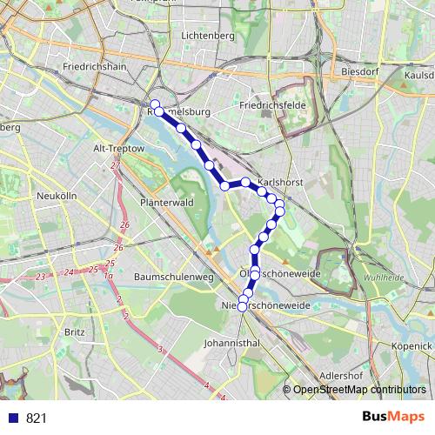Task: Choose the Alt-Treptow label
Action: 118,149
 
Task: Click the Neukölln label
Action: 57,196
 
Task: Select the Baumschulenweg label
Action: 174,277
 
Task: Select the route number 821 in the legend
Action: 36,418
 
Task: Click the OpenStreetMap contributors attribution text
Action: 359,390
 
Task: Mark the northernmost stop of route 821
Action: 155,106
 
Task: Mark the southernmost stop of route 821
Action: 243,306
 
